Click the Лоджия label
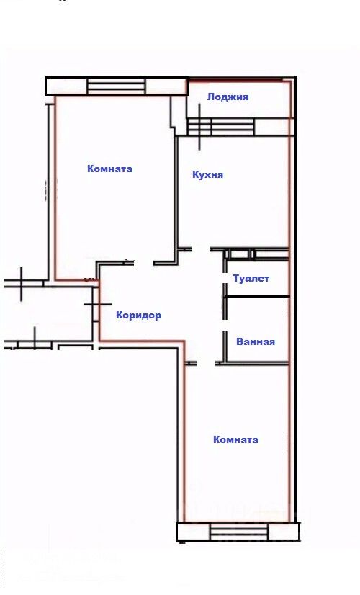[228, 97]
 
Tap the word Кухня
[207, 174]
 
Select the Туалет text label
[251, 278]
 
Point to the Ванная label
[256, 341]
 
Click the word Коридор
[138, 315]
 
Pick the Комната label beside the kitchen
[109, 169]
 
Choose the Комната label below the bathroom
[235, 439]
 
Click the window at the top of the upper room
[116, 86]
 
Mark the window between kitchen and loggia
[220, 127]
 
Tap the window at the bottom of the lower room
[239, 532]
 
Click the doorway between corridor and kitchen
[201, 249]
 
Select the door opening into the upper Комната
[144, 263]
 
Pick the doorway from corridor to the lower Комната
[206, 363]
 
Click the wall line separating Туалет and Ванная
[257, 296]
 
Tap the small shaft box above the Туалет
[239, 254]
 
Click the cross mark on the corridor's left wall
[97, 304]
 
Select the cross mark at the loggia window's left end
[199, 127]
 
